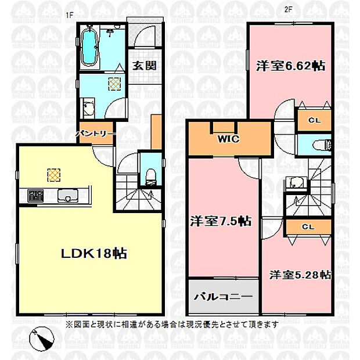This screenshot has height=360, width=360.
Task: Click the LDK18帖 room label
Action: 94,254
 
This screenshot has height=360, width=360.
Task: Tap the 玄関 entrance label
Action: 145,66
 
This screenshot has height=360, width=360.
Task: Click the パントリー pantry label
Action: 95,134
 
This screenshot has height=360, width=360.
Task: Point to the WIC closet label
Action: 228,139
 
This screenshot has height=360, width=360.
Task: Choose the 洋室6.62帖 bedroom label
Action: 291,66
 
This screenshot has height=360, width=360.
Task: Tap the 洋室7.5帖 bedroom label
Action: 221,221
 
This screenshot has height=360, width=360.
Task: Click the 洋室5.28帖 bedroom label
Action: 300,275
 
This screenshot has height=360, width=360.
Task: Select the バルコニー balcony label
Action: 223,297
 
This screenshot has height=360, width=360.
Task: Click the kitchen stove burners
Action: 35,195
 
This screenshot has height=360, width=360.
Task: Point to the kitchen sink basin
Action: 68,195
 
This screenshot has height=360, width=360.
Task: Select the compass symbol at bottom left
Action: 42,339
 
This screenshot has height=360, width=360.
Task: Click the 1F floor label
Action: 69,15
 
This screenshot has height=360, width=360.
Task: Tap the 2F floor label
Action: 288,9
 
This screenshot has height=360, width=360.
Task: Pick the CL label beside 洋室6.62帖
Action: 314,120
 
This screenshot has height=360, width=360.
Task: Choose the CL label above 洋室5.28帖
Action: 308,227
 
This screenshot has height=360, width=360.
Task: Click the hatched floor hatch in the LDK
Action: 54,175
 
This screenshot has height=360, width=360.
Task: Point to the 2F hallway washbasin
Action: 295,183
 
